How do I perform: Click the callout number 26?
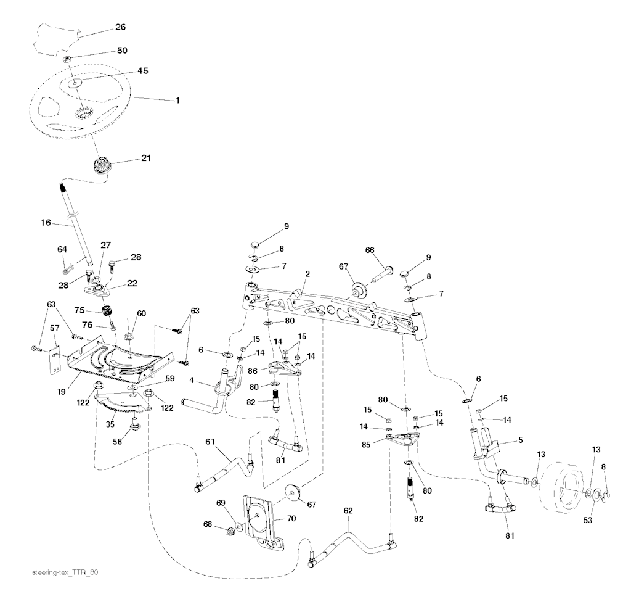pos(120,27)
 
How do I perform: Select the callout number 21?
pos(145,158)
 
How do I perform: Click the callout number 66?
pos(370,250)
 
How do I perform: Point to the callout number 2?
pos(306,273)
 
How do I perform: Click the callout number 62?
pos(348,511)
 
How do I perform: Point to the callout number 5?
pos(521,440)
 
